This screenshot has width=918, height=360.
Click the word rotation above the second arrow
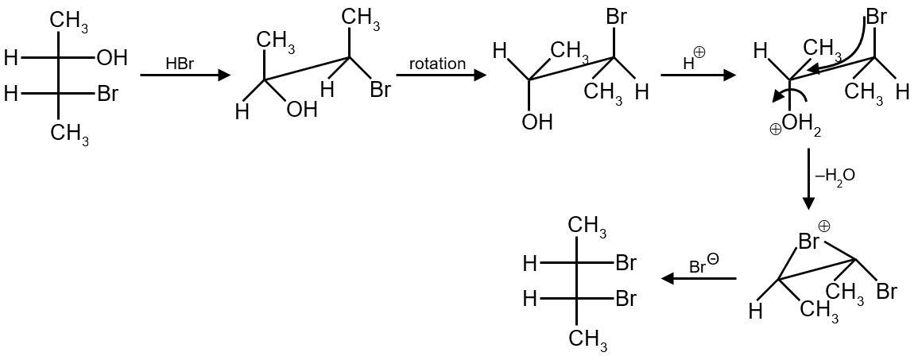coord(437,63)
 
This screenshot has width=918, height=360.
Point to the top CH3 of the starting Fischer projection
coord(71,21)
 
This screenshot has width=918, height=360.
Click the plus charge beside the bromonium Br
coord(824,226)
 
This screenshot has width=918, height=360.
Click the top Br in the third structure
coord(616,16)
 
